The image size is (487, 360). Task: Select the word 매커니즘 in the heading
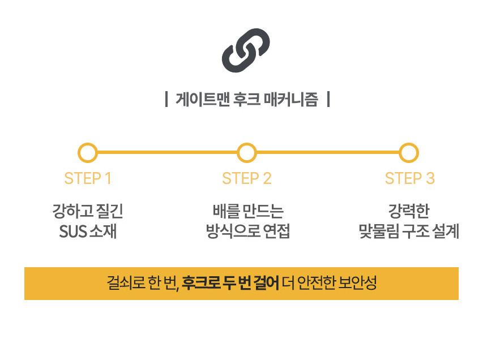(291, 100)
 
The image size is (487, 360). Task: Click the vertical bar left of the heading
(167, 99)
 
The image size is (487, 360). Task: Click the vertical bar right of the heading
(328, 99)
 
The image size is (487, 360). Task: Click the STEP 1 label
(88, 178)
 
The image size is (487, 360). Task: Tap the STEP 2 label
(246, 178)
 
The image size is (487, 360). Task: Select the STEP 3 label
(409, 178)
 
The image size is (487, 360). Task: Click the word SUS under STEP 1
(72, 232)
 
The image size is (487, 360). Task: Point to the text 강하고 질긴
(88, 211)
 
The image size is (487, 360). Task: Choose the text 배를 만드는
(248, 211)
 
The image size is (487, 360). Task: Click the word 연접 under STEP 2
(276, 232)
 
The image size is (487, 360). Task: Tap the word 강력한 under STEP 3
(409, 211)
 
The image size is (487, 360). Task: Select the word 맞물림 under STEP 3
(379, 232)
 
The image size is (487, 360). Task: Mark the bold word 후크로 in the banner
(201, 282)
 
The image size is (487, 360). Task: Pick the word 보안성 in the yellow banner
(357, 282)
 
